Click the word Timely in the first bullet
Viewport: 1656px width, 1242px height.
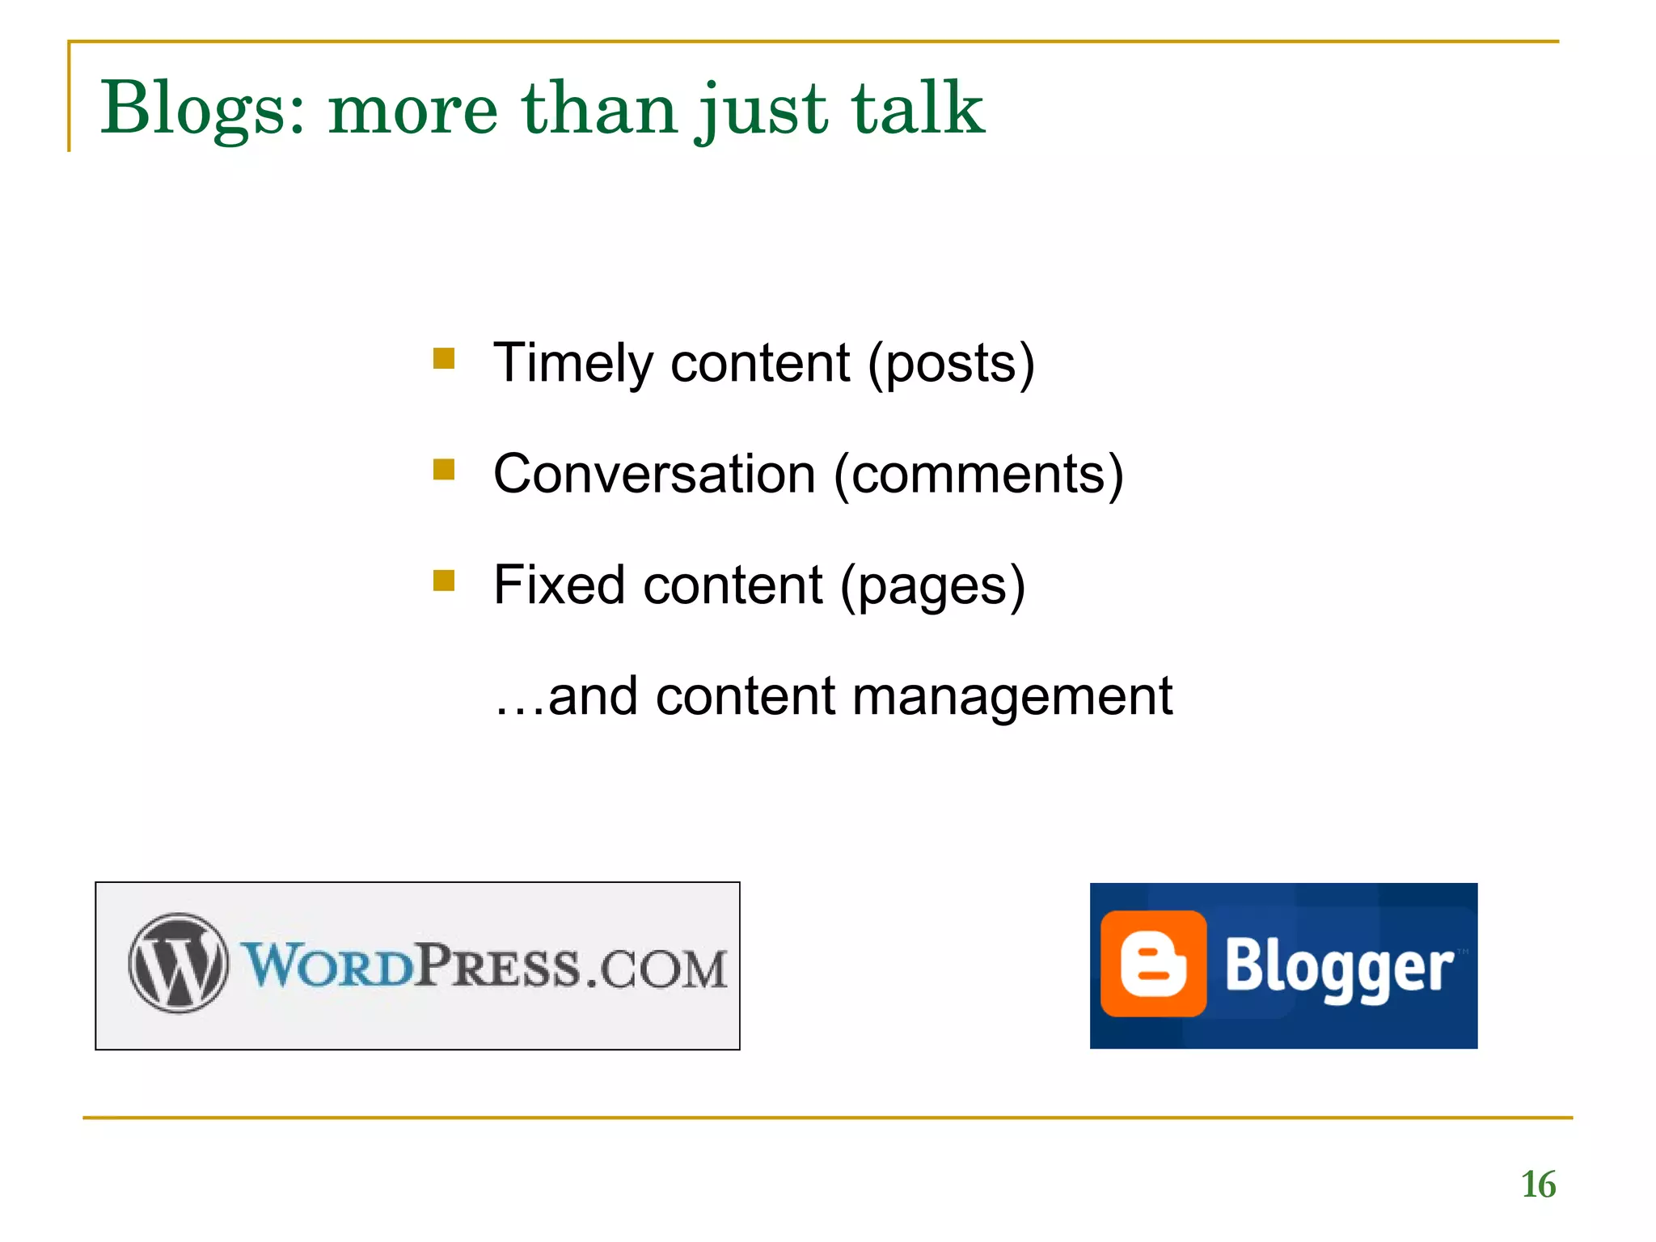pyautogui.click(x=573, y=363)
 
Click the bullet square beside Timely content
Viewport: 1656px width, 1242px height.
pyautogui.click(x=444, y=358)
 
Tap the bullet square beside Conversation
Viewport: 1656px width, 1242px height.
pyautogui.click(x=444, y=470)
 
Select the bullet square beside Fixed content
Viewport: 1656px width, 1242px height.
pyautogui.click(x=444, y=581)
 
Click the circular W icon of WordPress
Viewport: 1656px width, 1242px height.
pyautogui.click(x=179, y=964)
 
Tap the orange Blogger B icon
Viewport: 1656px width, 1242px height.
pyautogui.click(x=1154, y=964)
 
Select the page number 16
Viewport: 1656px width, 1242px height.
pyautogui.click(x=1538, y=1185)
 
